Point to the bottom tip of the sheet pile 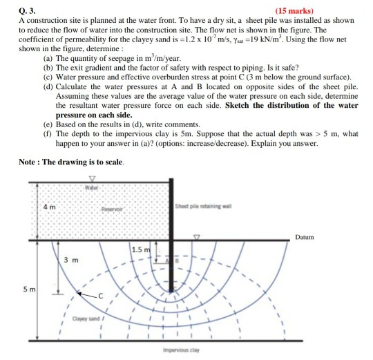[172, 292]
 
